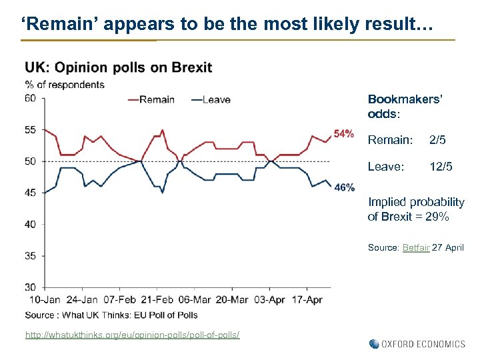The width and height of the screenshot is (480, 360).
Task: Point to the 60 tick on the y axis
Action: pos(30,98)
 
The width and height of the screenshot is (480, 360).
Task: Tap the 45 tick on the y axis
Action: pos(30,193)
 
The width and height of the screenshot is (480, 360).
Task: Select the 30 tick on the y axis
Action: pos(30,287)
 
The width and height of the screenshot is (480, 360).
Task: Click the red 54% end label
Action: pos(343,134)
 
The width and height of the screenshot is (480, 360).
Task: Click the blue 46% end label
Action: pos(344,187)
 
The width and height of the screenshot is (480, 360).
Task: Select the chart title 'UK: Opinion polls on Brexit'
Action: pos(119,67)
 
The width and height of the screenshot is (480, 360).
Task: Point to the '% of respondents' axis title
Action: pos(65,84)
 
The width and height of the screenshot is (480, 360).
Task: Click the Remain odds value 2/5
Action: pos(438,140)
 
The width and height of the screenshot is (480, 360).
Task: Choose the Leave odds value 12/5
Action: pos(441,167)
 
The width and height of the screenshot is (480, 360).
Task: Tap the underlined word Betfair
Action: pos(416,247)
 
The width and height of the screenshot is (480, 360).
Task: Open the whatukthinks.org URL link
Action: pos(133,334)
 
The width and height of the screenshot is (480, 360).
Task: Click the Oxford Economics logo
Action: pos(417,344)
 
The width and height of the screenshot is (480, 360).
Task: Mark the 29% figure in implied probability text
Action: pos(437,217)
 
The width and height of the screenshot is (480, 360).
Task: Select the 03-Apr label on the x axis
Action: pos(269,300)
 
